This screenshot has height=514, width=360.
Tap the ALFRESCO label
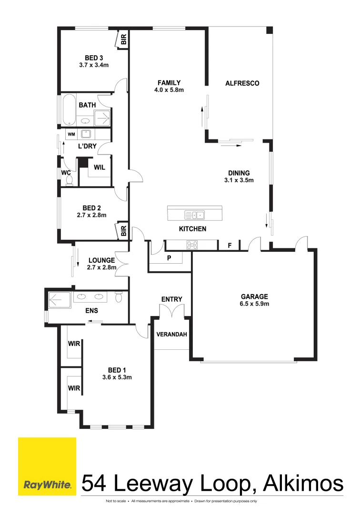click(242, 83)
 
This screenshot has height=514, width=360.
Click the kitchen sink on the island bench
click(194, 214)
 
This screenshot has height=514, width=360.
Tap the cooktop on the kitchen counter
click(193, 246)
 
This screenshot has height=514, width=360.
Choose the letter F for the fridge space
click(230, 246)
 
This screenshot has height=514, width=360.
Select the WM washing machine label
click(71, 134)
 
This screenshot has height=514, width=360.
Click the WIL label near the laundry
click(100, 168)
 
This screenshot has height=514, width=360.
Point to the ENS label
click(92, 310)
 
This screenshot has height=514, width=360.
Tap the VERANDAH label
click(171, 335)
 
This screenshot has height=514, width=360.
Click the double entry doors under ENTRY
click(171, 312)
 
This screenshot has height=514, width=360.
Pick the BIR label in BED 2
click(123, 231)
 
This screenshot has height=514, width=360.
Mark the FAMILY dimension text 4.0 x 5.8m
click(169, 89)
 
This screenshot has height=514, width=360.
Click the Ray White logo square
click(47, 466)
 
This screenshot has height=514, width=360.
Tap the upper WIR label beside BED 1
click(74, 343)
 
